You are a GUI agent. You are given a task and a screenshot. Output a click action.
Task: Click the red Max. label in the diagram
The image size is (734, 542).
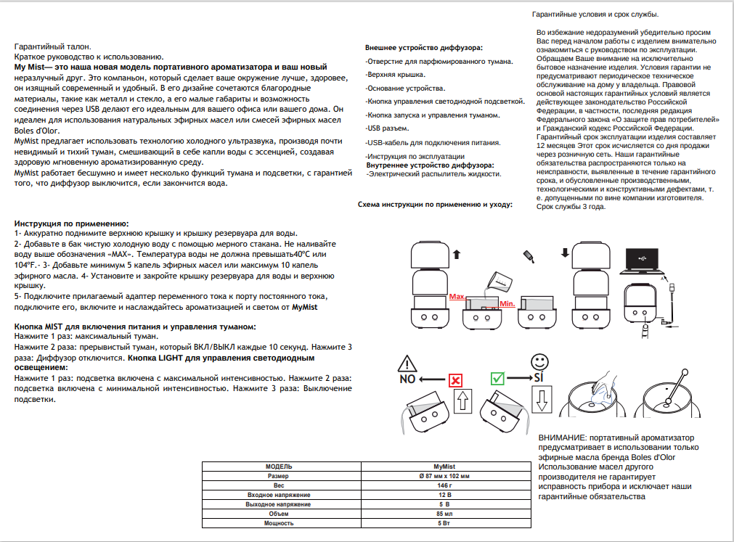[x=457, y=297]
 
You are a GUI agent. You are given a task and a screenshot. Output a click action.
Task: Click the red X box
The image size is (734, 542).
[x=455, y=379]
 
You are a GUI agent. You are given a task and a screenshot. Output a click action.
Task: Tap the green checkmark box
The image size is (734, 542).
[x=498, y=379]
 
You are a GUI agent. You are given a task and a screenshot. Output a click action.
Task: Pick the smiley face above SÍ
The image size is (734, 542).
[x=539, y=361]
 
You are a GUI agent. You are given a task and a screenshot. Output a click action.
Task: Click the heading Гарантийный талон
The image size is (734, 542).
[x=53, y=46]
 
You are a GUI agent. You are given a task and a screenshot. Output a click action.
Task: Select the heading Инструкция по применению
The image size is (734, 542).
[x=72, y=223]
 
